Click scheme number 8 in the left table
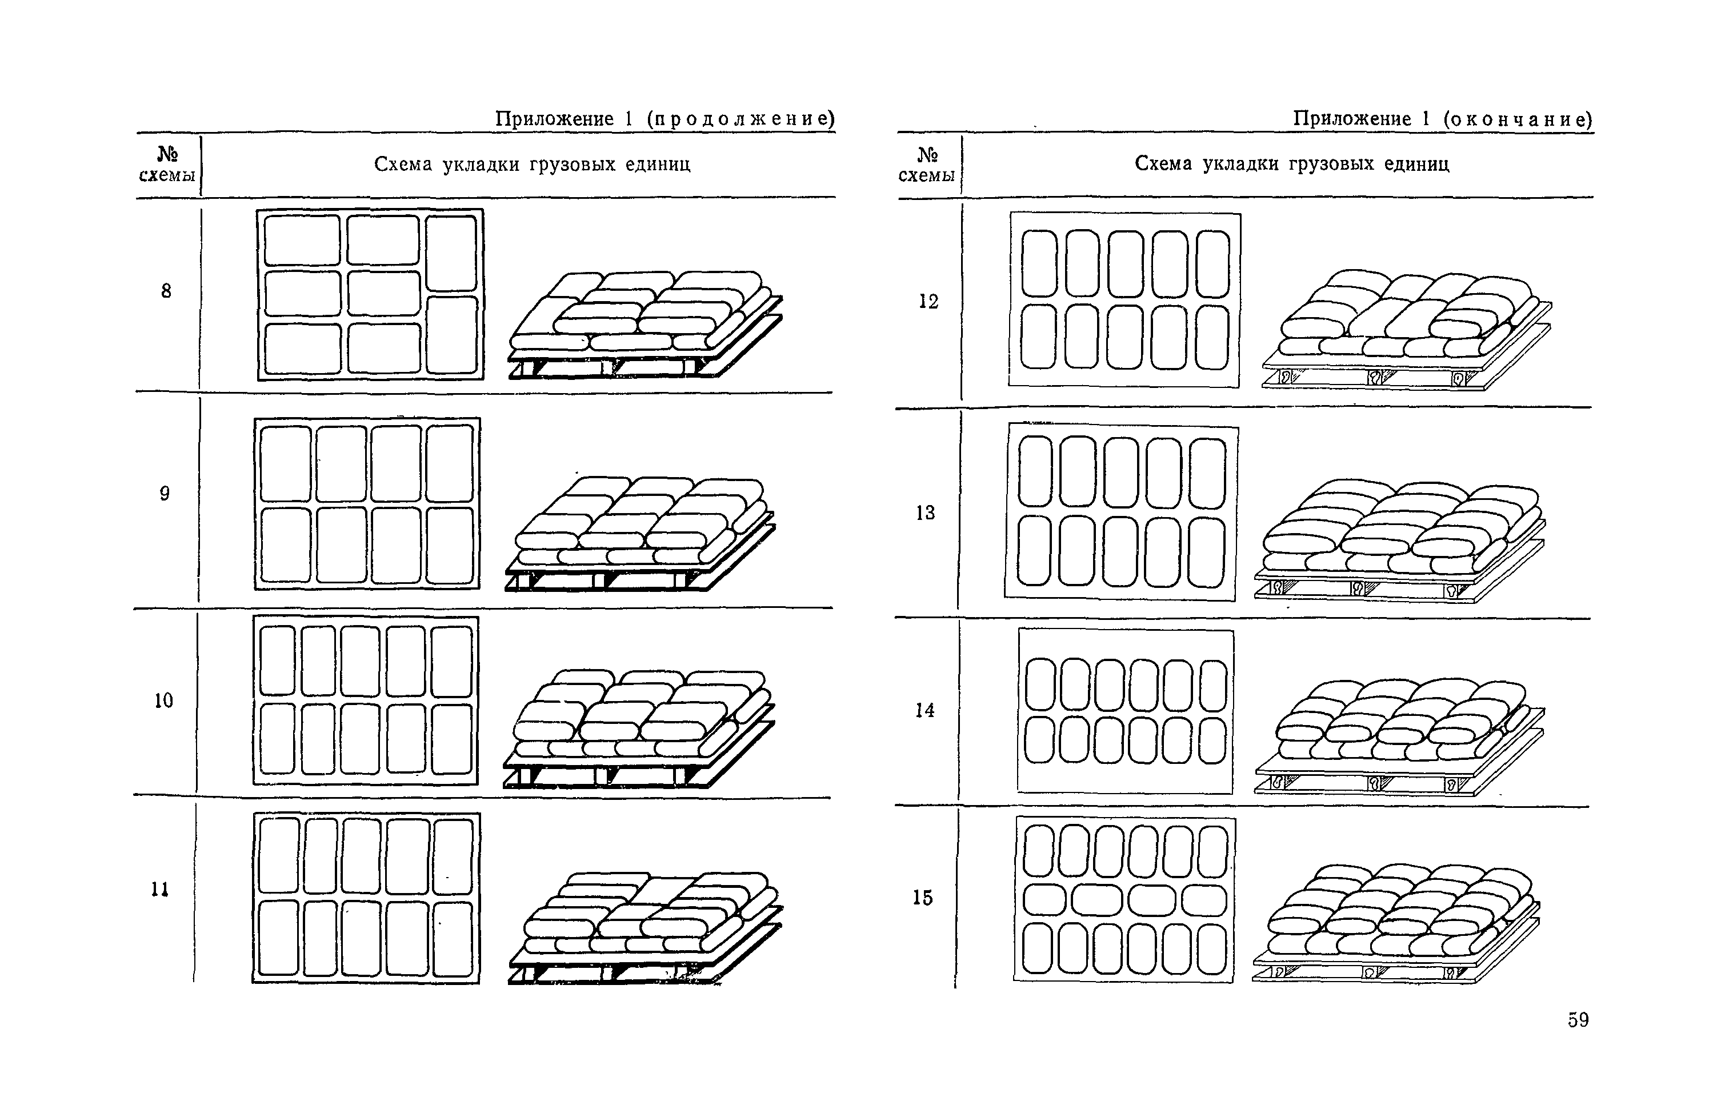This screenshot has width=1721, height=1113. [x=166, y=291]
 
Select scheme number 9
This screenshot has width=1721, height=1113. [x=165, y=494]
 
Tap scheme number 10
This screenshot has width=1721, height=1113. [x=163, y=700]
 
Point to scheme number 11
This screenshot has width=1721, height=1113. [x=160, y=889]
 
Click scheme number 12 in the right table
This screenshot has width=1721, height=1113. [x=928, y=301]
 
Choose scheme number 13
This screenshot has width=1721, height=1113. [x=925, y=513]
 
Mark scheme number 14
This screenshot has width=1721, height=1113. [x=924, y=710]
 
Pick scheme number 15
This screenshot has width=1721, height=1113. [x=922, y=898]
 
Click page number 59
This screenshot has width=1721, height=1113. [x=1578, y=1020]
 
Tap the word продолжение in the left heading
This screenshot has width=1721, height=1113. [x=740, y=118]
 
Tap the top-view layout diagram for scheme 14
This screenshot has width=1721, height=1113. [x=1126, y=711]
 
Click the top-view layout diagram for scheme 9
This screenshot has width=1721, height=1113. [x=367, y=504]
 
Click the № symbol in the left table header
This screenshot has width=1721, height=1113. [x=167, y=154]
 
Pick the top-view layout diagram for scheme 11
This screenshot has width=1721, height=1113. [x=366, y=898]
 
